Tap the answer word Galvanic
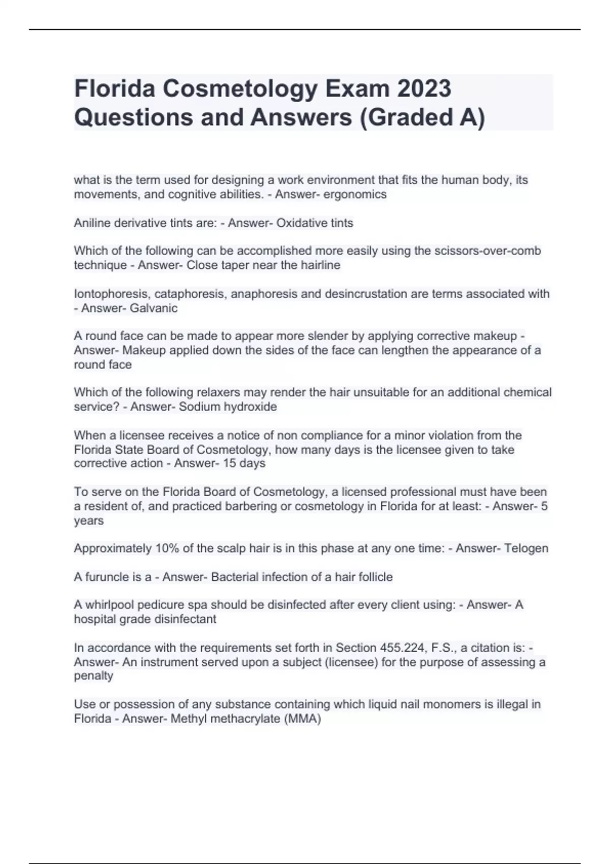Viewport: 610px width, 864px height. [154, 308]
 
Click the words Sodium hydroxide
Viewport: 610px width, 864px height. [228, 407]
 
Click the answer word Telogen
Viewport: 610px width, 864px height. [526, 548]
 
